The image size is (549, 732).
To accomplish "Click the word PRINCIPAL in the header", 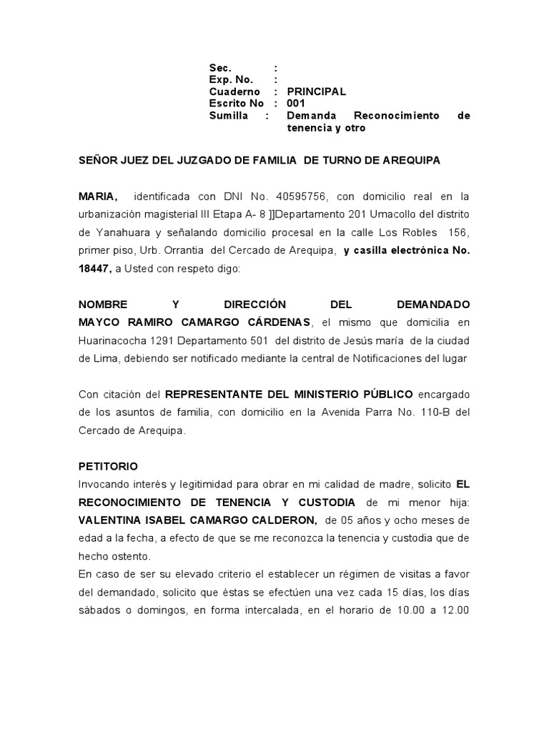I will pyautogui.click(x=316, y=91).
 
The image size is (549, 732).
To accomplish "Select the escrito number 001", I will pyautogui.click(x=296, y=103).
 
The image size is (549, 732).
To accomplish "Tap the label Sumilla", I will pyautogui.click(x=228, y=115).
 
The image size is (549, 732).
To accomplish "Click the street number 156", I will pyautogui.click(x=459, y=232).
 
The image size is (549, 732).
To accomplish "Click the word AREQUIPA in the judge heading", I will pyautogui.click(x=410, y=161).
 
